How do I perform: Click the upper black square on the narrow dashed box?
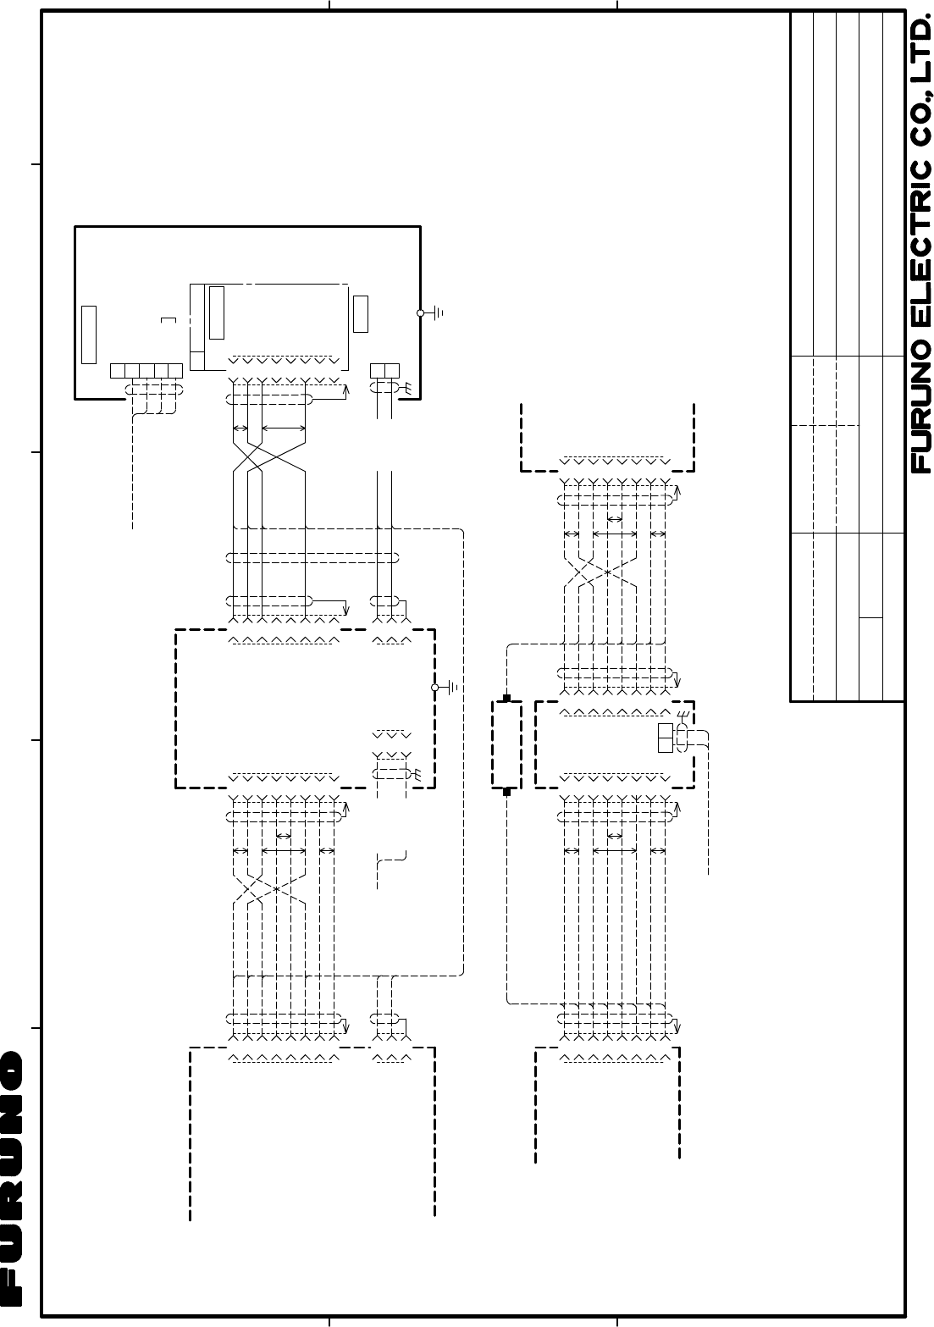click(506, 699)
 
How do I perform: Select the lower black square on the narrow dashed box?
click(506, 792)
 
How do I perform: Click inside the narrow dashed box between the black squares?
click(506, 744)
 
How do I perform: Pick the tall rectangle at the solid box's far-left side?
click(89, 335)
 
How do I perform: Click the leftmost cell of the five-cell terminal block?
click(118, 371)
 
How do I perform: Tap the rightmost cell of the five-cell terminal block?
click(175, 371)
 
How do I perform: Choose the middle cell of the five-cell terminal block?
click(146, 371)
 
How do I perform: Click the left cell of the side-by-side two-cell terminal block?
click(378, 371)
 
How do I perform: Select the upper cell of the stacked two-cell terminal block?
click(665, 731)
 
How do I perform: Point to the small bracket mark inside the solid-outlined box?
click(169, 320)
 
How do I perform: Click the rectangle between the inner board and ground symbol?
click(361, 314)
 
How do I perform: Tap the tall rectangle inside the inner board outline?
click(217, 312)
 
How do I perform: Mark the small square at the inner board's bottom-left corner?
click(197, 361)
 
